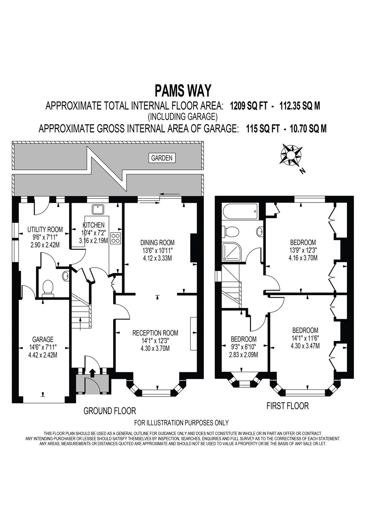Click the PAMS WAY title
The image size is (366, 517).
point(183,90)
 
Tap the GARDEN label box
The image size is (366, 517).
point(162,158)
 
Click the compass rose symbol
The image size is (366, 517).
point(291,155)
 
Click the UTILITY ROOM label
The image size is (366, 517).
point(45,229)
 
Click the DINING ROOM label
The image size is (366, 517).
point(157,242)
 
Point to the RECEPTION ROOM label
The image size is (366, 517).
point(155,333)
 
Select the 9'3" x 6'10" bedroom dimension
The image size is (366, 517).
point(244,347)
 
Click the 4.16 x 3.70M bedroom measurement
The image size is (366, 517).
point(303,258)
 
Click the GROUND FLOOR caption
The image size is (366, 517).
point(110,411)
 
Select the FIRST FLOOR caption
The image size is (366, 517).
point(287,406)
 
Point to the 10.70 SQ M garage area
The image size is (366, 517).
point(308,129)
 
